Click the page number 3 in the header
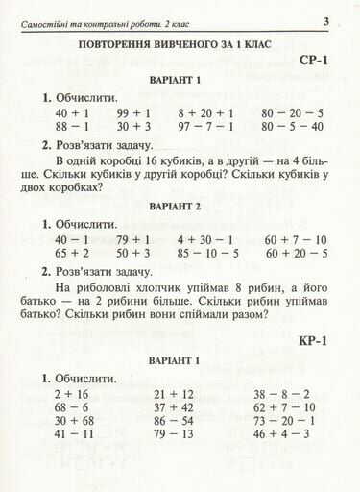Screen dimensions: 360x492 326,22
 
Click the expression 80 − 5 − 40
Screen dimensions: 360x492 292,126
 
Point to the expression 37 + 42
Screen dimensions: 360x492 174,406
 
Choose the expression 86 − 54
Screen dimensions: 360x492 174,420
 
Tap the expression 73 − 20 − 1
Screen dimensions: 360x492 285,420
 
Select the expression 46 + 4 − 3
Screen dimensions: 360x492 282,433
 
